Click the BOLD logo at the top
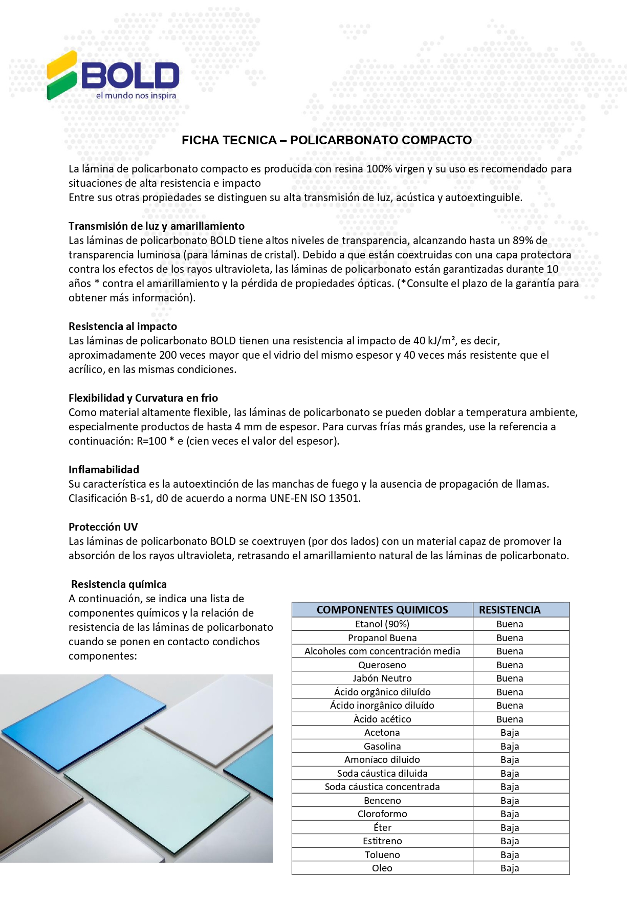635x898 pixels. (113, 76)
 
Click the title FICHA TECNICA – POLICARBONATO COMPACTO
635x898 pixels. (326, 140)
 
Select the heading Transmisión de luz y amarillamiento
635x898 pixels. (157, 226)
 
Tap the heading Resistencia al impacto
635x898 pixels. (123, 326)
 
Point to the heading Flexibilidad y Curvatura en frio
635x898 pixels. (143, 398)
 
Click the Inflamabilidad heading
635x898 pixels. (104, 470)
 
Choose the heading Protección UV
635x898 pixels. (103, 527)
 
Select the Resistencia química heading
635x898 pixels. (119, 584)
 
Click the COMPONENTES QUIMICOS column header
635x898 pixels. (382, 610)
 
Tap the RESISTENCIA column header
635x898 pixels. (510, 610)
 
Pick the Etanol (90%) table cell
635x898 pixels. (382, 624)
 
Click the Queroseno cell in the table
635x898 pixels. (382, 665)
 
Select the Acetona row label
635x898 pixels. (382, 733)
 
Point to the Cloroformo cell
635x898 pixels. (382, 814)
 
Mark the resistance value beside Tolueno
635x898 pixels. (510, 855)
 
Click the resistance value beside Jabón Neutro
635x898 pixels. (510, 678)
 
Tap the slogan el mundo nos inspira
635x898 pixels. (136, 96)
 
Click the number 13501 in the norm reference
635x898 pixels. (344, 498)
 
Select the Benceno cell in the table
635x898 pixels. (382, 801)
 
